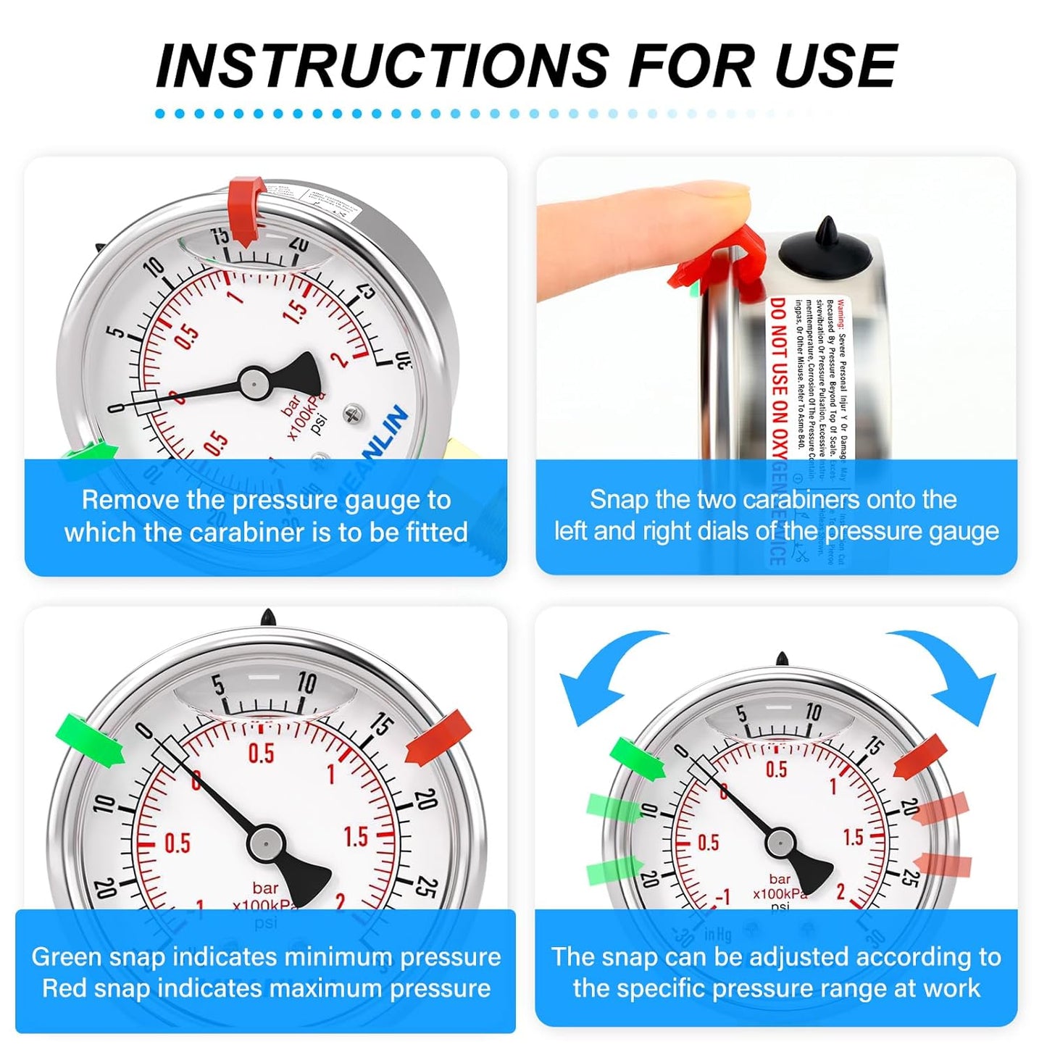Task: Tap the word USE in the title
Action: click(835, 66)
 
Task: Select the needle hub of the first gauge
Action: click(255, 382)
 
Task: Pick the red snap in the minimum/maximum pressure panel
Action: click(439, 738)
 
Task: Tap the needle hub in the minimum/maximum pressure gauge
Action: click(265, 843)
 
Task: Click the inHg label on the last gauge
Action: click(717, 935)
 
